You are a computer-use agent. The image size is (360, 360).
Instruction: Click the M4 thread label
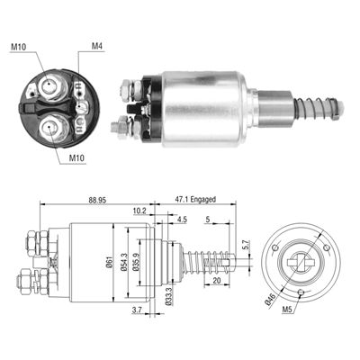pyautogui.click(x=97, y=47)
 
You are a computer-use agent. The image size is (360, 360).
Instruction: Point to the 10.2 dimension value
pyautogui.click(x=139, y=211)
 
